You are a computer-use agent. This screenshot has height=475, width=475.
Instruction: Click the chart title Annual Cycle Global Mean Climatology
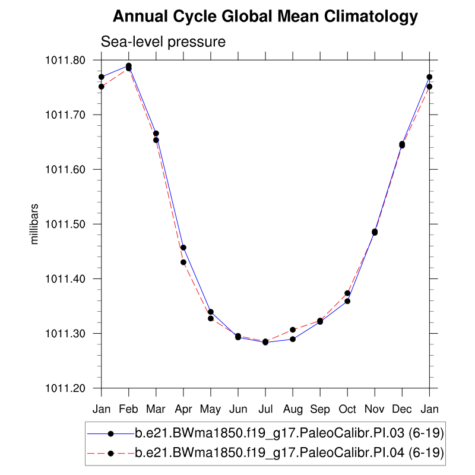(265, 17)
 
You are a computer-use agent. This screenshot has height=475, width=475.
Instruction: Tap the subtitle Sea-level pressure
(163, 42)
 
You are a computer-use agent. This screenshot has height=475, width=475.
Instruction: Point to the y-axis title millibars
(35, 224)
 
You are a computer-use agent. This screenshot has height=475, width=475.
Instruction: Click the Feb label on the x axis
(129, 409)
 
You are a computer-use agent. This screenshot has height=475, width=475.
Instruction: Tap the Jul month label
(265, 409)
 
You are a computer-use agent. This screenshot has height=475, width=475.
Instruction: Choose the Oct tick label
(347, 409)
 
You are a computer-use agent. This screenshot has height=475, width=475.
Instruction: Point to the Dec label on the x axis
(402, 409)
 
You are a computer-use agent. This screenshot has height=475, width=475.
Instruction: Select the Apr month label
(183, 409)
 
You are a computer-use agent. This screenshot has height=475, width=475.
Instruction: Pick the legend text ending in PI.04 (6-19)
(290, 454)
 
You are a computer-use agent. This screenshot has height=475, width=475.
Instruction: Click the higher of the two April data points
(183, 248)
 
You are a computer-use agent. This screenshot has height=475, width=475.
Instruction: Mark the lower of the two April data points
(183, 262)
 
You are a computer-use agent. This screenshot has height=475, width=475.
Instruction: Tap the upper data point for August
(293, 330)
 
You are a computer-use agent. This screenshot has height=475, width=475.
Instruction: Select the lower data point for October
(347, 301)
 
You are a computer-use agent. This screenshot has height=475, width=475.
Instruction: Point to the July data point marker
(265, 342)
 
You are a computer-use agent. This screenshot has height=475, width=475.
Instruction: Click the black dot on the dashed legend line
(111, 454)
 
